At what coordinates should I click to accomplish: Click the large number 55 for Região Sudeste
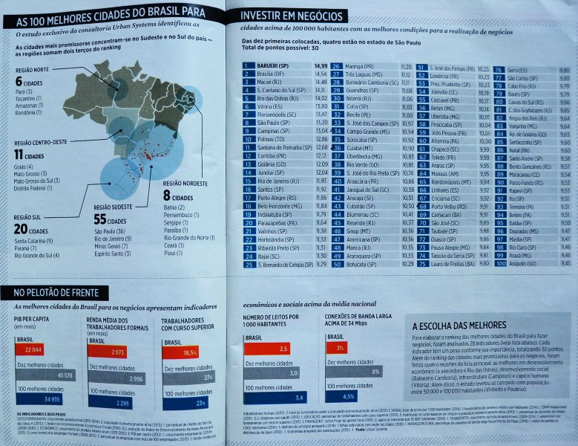pos(100,220)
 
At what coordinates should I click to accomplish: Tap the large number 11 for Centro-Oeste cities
pos(19,154)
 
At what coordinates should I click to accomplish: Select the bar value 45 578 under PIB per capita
pos(64,375)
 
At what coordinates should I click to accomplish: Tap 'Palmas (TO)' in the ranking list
pos(269,139)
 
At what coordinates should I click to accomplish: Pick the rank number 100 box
pos(499,264)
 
